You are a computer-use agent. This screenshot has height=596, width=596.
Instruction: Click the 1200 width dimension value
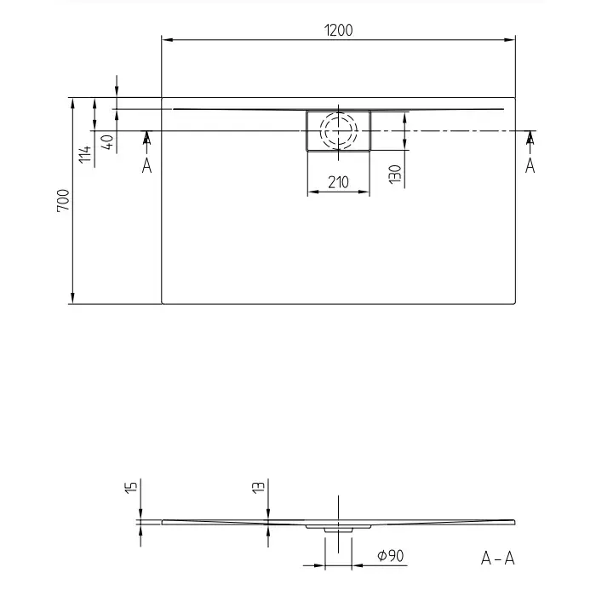338,30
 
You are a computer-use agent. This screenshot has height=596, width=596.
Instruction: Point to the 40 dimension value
106,140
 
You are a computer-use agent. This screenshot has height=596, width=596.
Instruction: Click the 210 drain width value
338,181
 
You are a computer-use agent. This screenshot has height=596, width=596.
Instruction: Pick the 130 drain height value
395,174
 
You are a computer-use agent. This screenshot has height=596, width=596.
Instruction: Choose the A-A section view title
497,559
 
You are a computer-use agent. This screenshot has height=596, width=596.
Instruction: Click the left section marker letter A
146,165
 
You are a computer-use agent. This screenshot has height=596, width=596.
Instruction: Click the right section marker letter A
530,165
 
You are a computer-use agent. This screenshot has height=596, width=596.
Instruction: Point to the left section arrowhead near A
146,136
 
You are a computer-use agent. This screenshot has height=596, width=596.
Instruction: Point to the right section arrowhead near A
530,136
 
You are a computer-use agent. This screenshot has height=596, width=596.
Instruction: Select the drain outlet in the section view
338,529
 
